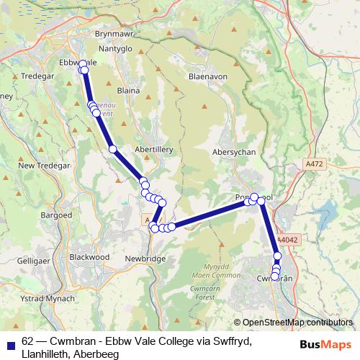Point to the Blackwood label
89,256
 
